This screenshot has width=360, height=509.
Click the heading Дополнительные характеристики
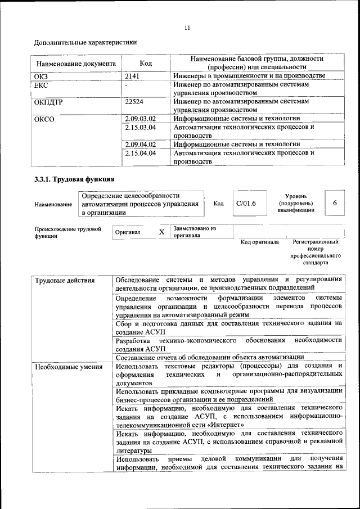(85, 42)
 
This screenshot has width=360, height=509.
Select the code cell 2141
(132, 76)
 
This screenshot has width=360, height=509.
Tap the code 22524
(135, 102)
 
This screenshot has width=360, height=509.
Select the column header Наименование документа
(76, 64)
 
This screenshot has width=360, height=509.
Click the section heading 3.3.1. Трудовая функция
(74, 181)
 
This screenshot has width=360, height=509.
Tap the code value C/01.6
(246, 204)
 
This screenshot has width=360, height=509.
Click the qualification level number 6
(335, 203)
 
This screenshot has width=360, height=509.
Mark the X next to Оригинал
(161, 232)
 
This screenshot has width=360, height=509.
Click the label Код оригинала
(259, 242)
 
